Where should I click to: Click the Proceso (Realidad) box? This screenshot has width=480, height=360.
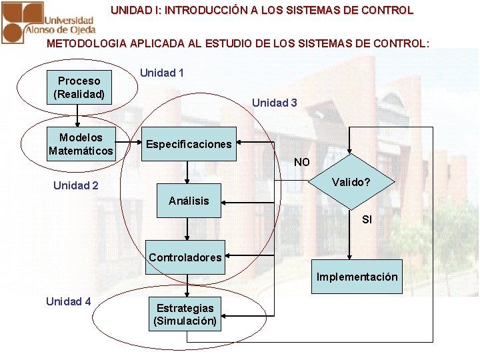(79, 87)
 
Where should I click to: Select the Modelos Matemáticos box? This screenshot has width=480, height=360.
(81, 144)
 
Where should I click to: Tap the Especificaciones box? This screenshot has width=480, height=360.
(189, 144)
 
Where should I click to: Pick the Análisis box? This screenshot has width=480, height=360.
(189, 201)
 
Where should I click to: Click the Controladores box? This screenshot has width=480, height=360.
(185, 257)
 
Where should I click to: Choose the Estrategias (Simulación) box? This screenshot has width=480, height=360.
(185, 314)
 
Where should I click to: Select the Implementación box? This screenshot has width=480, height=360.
(357, 277)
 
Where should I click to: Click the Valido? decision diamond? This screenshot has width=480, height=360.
(351, 182)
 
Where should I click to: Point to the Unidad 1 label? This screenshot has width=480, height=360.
(162, 73)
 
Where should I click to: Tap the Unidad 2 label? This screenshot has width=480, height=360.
(76, 185)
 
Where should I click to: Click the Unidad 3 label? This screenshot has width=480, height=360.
(275, 103)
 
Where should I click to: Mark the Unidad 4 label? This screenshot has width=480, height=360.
(69, 301)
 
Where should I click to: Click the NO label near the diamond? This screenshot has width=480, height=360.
(302, 162)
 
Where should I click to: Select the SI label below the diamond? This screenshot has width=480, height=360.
(367, 219)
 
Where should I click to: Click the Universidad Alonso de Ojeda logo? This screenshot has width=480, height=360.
(49, 22)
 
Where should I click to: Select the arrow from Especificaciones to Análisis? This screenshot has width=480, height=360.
(189, 172)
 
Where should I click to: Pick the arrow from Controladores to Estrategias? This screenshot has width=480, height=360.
(188, 285)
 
